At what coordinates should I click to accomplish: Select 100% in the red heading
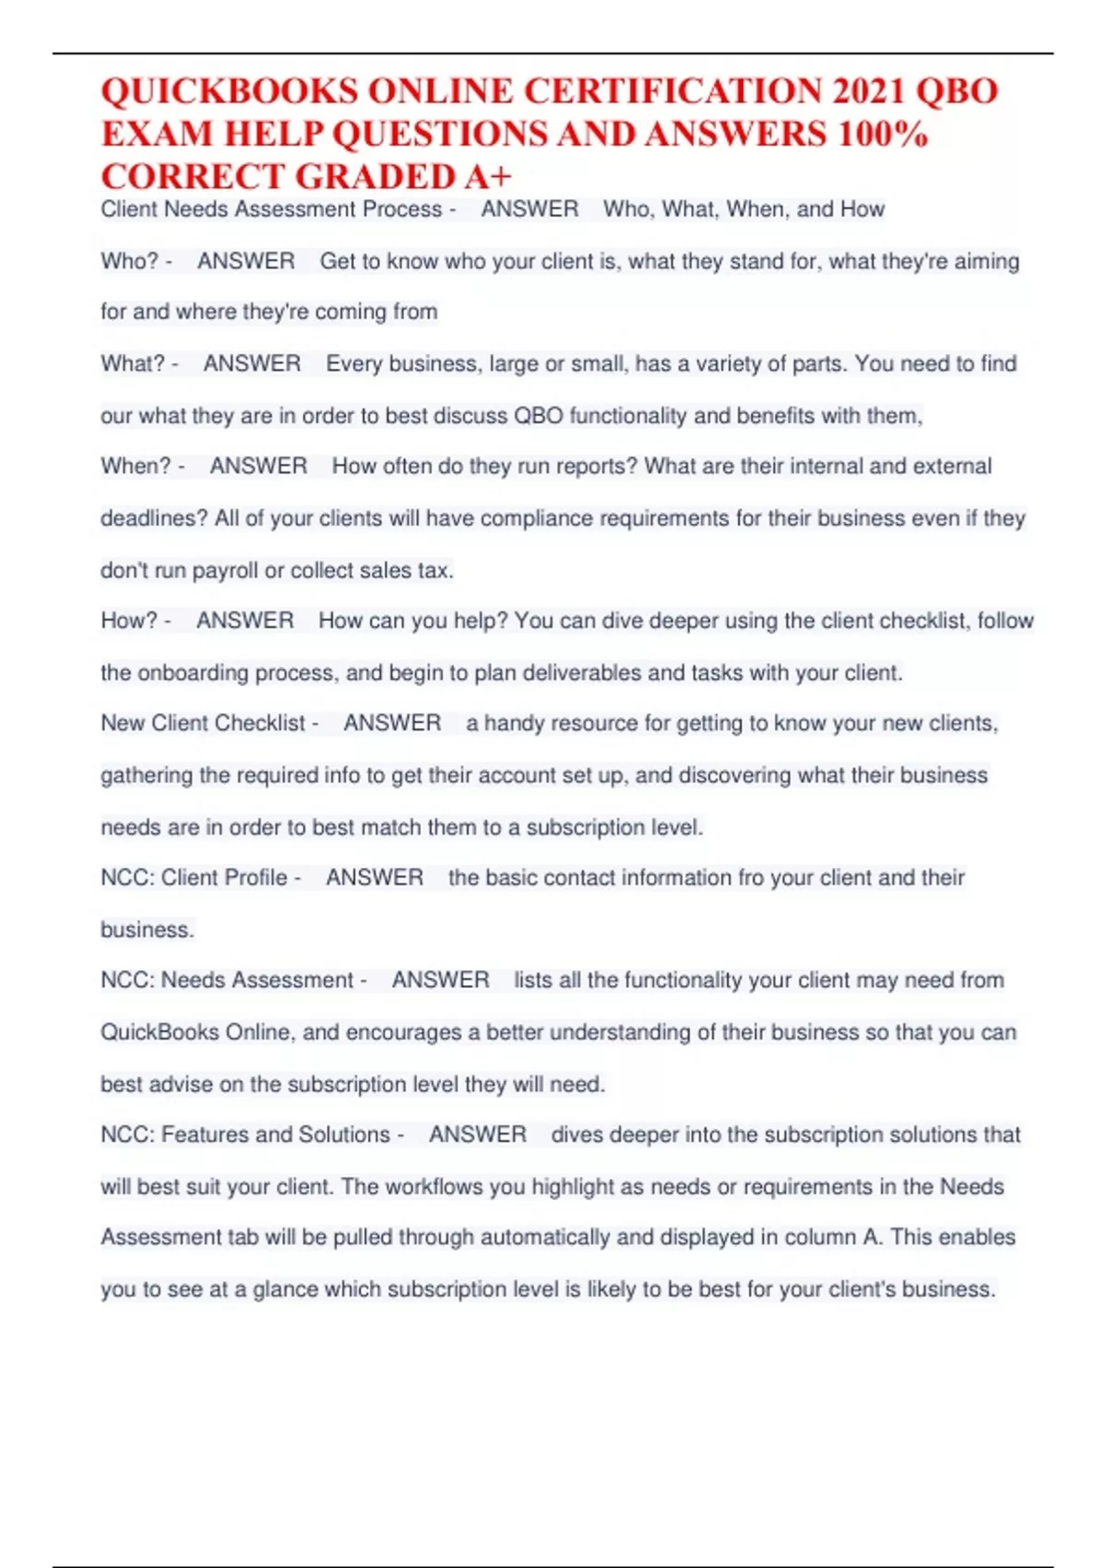(883, 135)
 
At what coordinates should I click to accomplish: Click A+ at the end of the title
(488, 177)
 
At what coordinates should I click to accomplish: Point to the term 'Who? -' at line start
(137, 262)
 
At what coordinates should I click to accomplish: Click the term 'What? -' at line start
(139, 364)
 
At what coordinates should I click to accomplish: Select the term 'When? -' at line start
(143, 467)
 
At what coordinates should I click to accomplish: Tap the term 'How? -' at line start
(136, 621)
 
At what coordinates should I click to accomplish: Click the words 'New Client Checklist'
(203, 723)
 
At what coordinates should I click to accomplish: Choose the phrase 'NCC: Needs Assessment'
(227, 980)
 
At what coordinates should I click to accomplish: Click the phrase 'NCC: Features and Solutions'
(245, 1134)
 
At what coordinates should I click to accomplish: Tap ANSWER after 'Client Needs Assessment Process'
(530, 210)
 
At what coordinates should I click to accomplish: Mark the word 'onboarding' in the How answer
(193, 673)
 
